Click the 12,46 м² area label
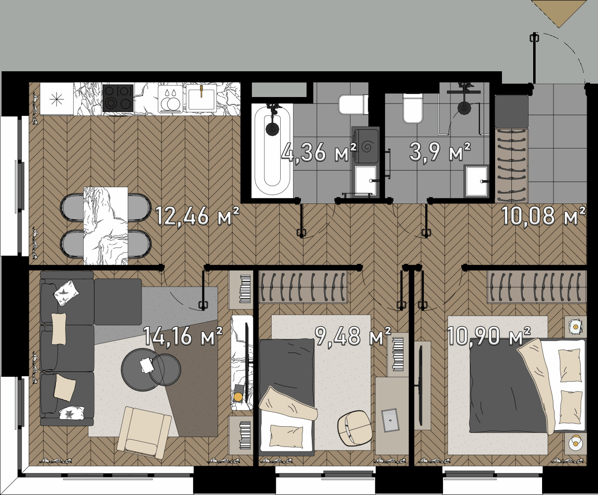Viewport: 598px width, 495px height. pyautogui.click(x=197, y=217)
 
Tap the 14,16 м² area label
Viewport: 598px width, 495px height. pyautogui.click(x=183, y=336)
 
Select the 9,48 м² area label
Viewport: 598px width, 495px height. pyautogui.click(x=353, y=336)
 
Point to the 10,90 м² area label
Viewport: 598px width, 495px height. pyautogui.click(x=489, y=336)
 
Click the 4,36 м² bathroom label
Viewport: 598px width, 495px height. pyautogui.click(x=318, y=152)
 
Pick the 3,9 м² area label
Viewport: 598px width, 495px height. pyautogui.click(x=440, y=152)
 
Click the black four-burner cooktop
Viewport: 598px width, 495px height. pyautogui.click(x=118, y=98)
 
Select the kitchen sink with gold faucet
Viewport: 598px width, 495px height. pyautogui.click(x=201, y=98)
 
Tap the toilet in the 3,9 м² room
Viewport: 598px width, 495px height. pyautogui.click(x=413, y=109)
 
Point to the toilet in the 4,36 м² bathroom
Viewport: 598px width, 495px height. pyautogui.click(x=353, y=104)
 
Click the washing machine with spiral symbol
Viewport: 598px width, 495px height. pyautogui.click(x=366, y=146)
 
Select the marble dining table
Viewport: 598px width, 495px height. pyautogui.click(x=105, y=226)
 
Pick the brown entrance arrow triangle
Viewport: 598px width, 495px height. pyautogui.click(x=558, y=14)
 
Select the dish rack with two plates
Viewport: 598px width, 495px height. pyautogui.click(x=171, y=98)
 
